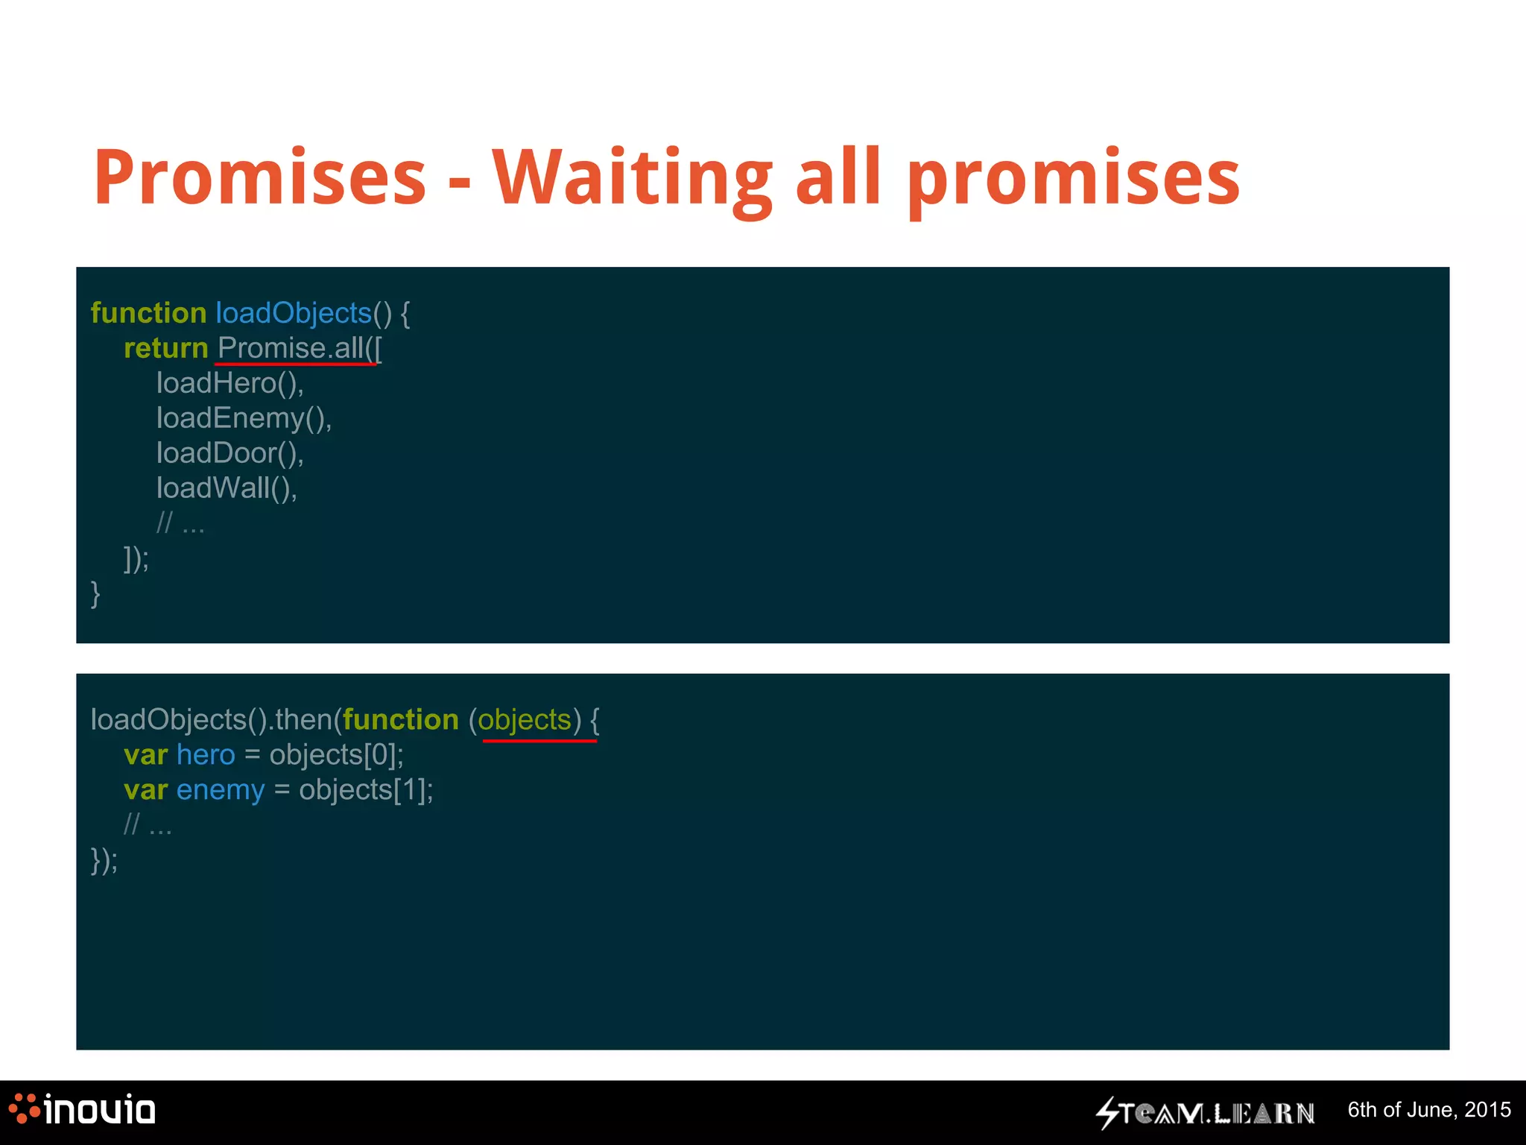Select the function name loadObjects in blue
click(x=294, y=313)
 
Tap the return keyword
click(x=165, y=348)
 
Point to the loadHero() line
click(x=229, y=383)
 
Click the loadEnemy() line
click(x=244, y=418)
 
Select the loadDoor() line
click(x=229, y=453)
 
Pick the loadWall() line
click(x=227, y=488)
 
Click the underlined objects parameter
click(x=525, y=720)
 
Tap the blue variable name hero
click(x=206, y=755)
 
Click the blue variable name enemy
click(x=221, y=790)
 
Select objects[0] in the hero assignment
click(x=336, y=755)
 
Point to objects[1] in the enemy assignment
click(x=366, y=790)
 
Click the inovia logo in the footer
click(x=82, y=1110)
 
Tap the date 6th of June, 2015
click(x=1428, y=1110)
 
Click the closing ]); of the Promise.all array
click(x=136, y=558)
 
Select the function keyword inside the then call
click(x=401, y=720)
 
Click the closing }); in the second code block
click(x=104, y=860)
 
